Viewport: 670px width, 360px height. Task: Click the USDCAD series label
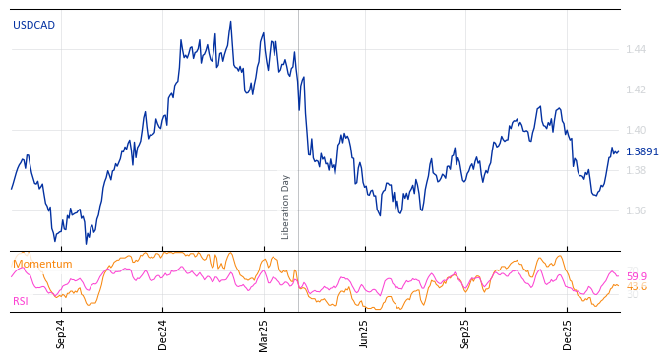(x=33, y=25)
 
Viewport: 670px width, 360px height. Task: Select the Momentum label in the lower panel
(x=42, y=264)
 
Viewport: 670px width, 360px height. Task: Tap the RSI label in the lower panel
(x=21, y=301)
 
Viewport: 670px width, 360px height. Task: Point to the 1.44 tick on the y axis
(x=636, y=49)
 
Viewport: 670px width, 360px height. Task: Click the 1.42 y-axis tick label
(x=636, y=90)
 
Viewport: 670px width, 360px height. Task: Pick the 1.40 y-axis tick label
(x=636, y=130)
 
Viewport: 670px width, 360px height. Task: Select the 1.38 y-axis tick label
(x=636, y=170)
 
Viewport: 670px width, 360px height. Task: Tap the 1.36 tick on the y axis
(x=636, y=210)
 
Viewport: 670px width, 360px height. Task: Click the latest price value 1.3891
(x=642, y=151)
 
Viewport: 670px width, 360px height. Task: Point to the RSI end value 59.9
(x=637, y=276)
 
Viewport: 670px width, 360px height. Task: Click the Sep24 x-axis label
(x=61, y=333)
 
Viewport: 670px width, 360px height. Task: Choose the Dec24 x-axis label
(x=163, y=333)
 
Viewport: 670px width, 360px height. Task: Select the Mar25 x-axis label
(x=264, y=333)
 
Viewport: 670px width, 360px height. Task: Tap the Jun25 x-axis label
(x=365, y=333)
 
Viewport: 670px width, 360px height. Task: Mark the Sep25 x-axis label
(x=466, y=333)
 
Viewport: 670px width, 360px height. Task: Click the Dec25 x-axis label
(x=568, y=333)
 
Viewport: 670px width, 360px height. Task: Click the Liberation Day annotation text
(x=286, y=207)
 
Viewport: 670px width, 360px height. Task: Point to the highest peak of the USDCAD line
(x=231, y=22)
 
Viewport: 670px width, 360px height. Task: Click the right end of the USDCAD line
(x=619, y=151)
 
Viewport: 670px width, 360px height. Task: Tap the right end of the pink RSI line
(x=619, y=276)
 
